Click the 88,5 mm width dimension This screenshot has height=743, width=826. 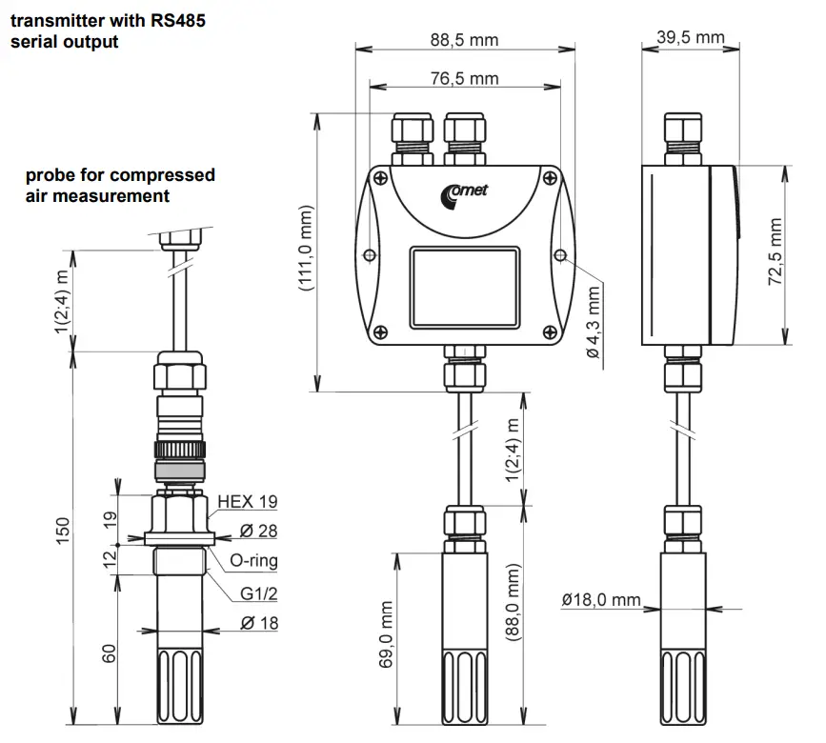tap(464, 40)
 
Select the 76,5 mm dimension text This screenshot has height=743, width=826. tap(464, 78)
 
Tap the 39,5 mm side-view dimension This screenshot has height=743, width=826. tap(691, 37)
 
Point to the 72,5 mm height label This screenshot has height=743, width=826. tap(776, 251)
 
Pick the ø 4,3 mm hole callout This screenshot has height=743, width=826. tap(594, 323)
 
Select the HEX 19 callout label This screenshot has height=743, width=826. tap(247, 501)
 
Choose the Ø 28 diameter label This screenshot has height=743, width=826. tap(257, 531)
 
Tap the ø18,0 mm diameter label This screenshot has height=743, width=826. tap(601, 599)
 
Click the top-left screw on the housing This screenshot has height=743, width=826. tap(380, 178)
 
